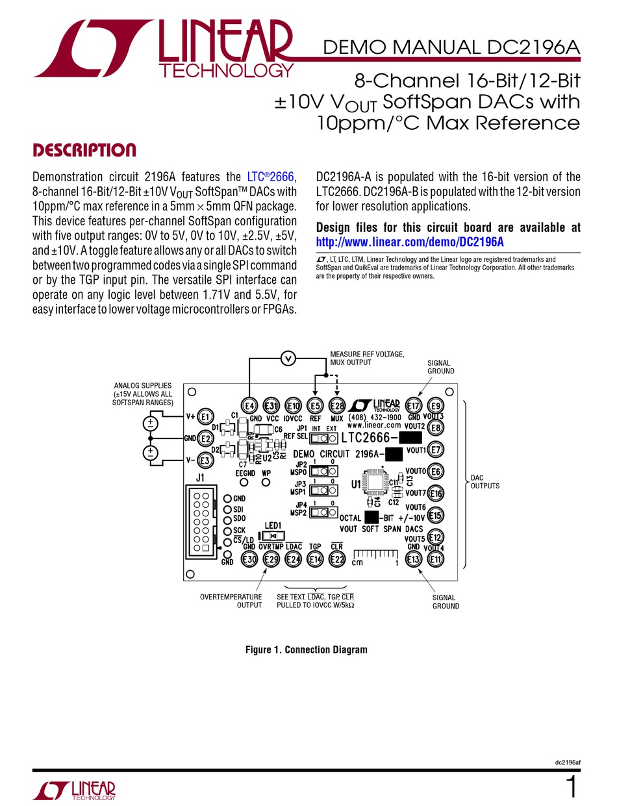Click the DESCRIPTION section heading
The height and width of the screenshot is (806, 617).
pos(84,151)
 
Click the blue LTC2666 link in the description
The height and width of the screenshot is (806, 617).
pos(271,177)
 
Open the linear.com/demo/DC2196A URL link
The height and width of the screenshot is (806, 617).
pos(410,242)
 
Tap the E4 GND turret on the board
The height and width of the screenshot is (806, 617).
pos(247,405)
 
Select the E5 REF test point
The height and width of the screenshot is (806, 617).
pos(315,405)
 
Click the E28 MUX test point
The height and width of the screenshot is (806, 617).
pos(337,405)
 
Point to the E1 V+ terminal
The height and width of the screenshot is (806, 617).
pos(205,416)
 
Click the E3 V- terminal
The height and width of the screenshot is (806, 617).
pos(205,460)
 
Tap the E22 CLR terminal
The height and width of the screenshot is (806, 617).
pos(337,559)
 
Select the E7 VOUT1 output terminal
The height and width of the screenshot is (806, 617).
pos(436,449)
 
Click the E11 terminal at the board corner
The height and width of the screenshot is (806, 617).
pos(436,559)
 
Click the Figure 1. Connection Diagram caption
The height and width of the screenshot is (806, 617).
pos(306,649)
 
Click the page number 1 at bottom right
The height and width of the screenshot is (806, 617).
pos(572,788)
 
